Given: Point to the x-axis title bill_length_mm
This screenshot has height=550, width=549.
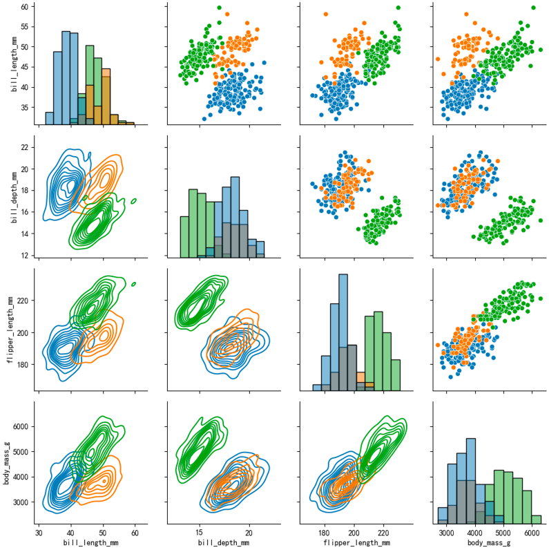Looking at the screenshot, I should tap(86, 542).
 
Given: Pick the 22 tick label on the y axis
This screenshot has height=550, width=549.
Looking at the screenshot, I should tap(23, 147).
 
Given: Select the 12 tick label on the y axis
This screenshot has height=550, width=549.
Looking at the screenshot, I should tap(23, 256).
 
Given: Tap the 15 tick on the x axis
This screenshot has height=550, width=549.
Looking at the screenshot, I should tap(199, 533).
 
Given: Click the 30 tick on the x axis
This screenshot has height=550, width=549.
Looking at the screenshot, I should tap(39, 533).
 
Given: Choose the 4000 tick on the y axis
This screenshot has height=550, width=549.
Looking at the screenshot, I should tap(21, 477).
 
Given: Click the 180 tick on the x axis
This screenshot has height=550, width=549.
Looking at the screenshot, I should tap(323, 533).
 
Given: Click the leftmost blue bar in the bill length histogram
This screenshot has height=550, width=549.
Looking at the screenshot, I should tap(50, 117).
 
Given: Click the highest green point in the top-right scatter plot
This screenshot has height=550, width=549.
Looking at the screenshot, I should tap(533, 8).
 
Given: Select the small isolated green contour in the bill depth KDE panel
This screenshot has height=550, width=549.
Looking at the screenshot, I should tap(133, 201).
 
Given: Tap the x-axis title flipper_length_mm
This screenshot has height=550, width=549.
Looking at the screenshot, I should tap(354, 542).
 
